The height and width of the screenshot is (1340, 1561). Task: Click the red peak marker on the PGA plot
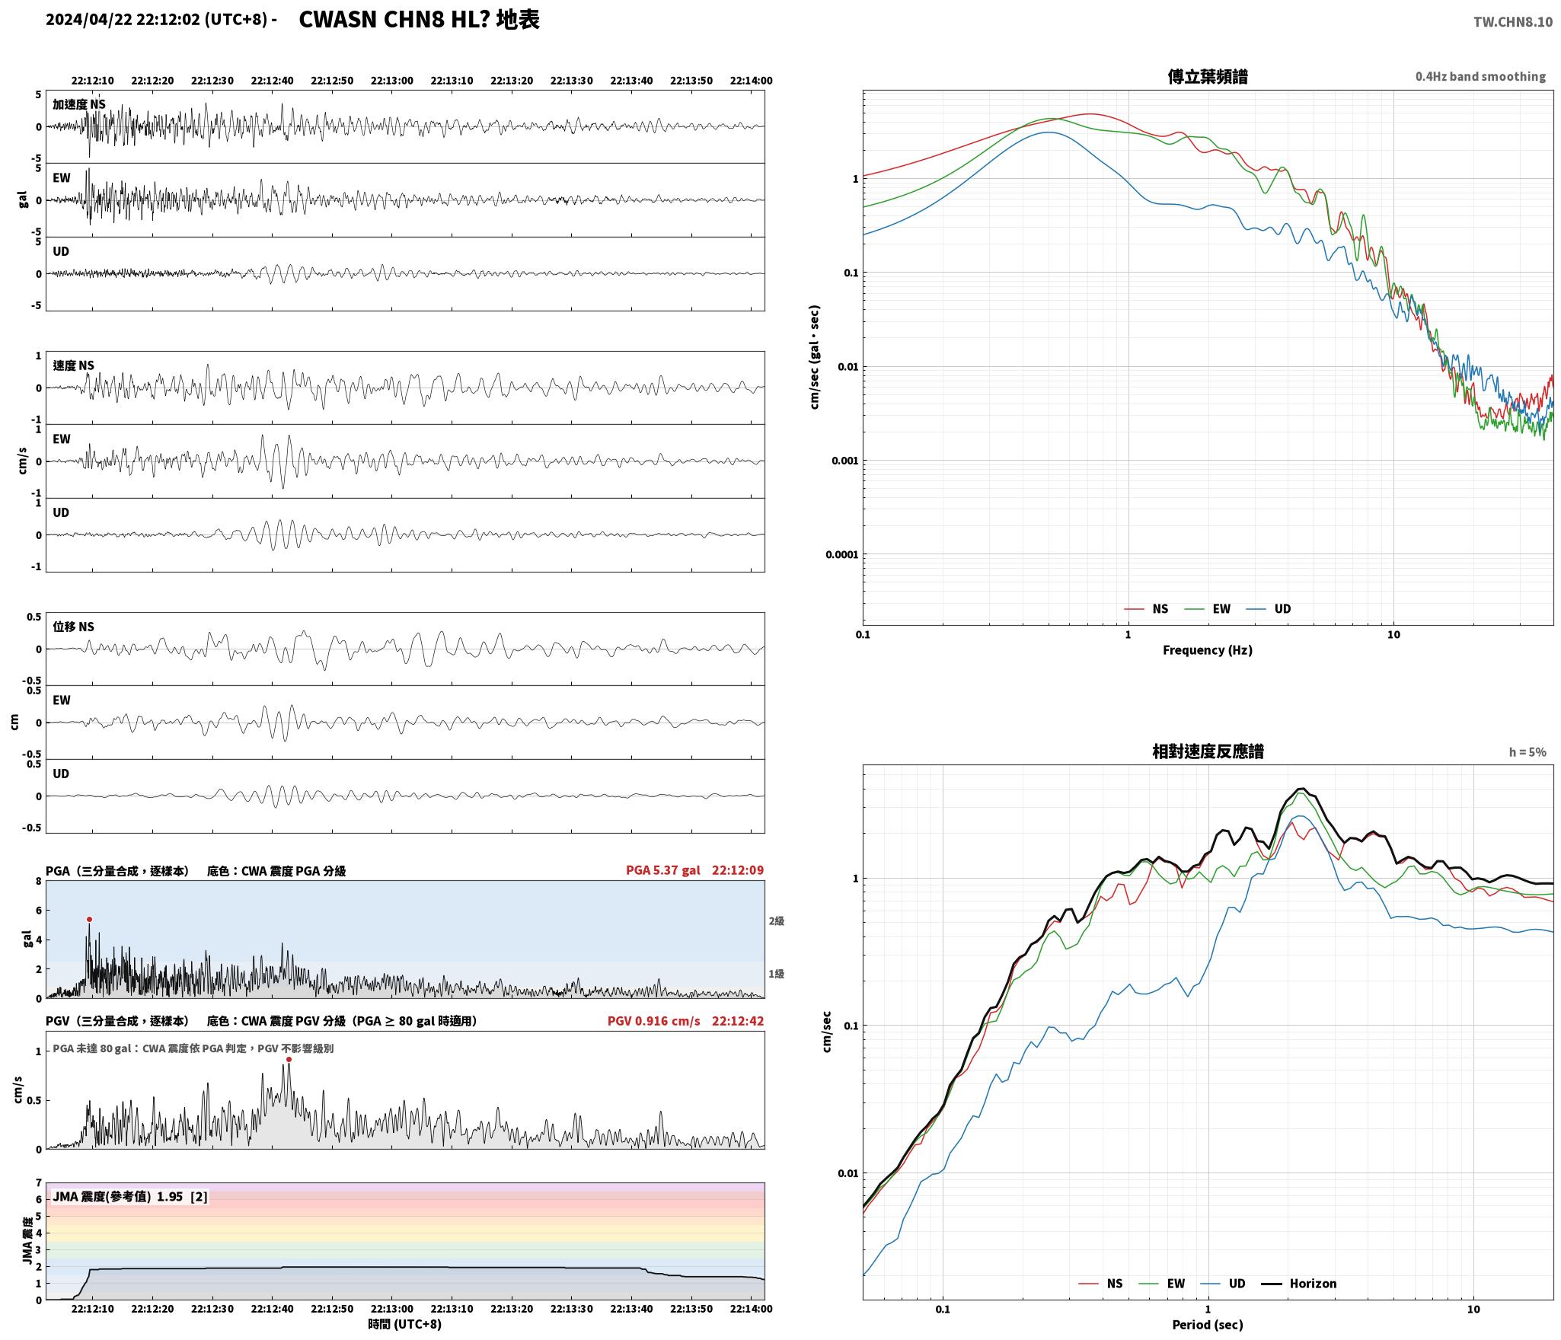[x=89, y=919]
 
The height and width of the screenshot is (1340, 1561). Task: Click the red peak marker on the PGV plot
[x=289, y=1059]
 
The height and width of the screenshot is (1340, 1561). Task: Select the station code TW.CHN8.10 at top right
[x=1512, y=21]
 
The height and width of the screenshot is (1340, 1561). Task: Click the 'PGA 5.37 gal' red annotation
[x=662, y=870]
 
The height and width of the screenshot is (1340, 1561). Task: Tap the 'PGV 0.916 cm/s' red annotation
[x=653, y=1021]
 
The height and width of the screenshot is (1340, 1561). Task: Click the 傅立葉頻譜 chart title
[x=1208, y=76]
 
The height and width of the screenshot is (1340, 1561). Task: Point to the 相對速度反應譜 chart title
[x=1208, y=751]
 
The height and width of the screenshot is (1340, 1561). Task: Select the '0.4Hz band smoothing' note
[x=1480, y=77]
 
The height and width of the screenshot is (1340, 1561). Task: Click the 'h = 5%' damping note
[x=1527, y=752]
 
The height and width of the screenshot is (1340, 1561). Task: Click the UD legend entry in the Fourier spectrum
[x=1269, y=609]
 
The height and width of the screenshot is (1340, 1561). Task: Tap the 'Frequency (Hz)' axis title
[x=1208, y=649]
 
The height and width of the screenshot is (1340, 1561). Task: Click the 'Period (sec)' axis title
[x=1208, y=1325]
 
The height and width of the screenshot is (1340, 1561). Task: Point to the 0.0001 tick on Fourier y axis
[x=841, y=554]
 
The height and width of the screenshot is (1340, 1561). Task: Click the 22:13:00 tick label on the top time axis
[x=392, y=81]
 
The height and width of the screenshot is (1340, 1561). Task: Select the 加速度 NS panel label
[x=79, y=104]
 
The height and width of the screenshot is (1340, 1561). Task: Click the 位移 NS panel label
[x=73, y=627]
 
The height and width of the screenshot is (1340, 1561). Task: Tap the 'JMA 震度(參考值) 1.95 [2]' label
[x=129, y=1197]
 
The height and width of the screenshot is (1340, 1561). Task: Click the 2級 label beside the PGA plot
[x=776, y=921]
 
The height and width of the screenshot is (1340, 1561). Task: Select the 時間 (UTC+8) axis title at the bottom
[x=404, y=1324]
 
